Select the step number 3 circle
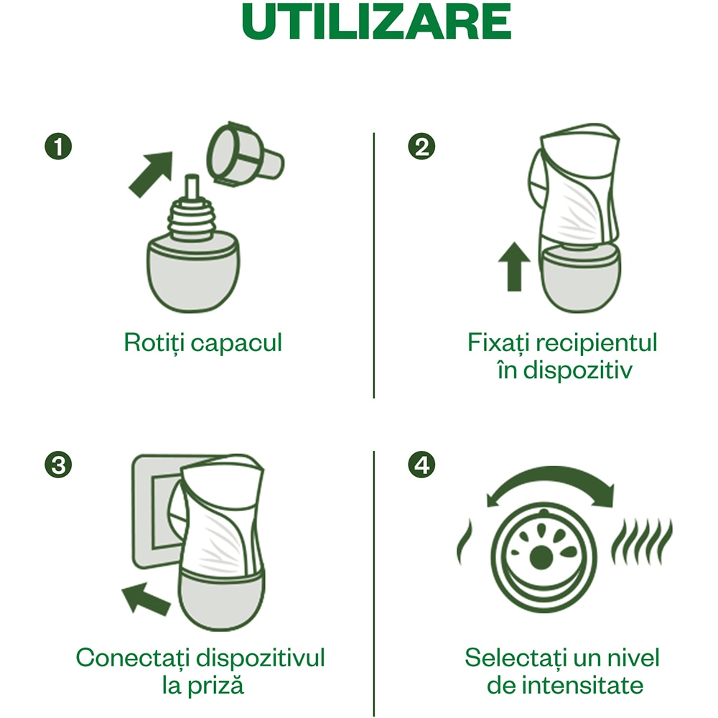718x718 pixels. (58, 465)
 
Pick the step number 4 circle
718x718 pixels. (421, 465)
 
